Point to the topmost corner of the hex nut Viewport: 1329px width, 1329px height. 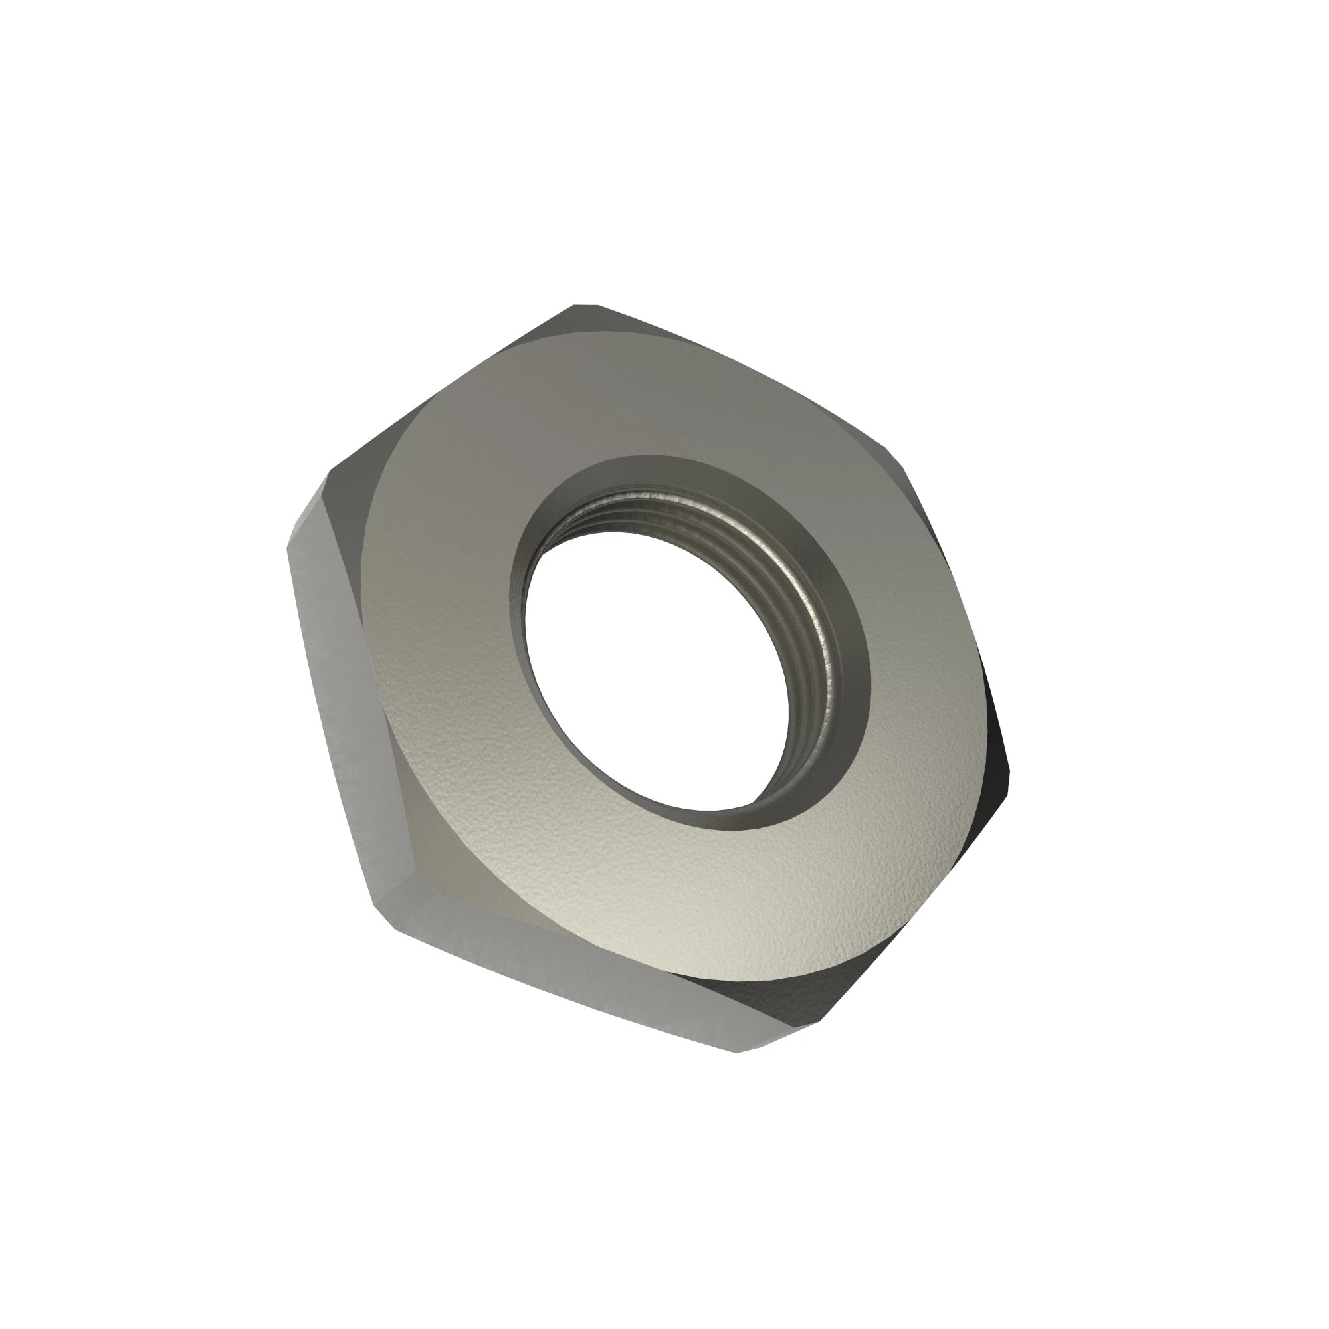[585, 306]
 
